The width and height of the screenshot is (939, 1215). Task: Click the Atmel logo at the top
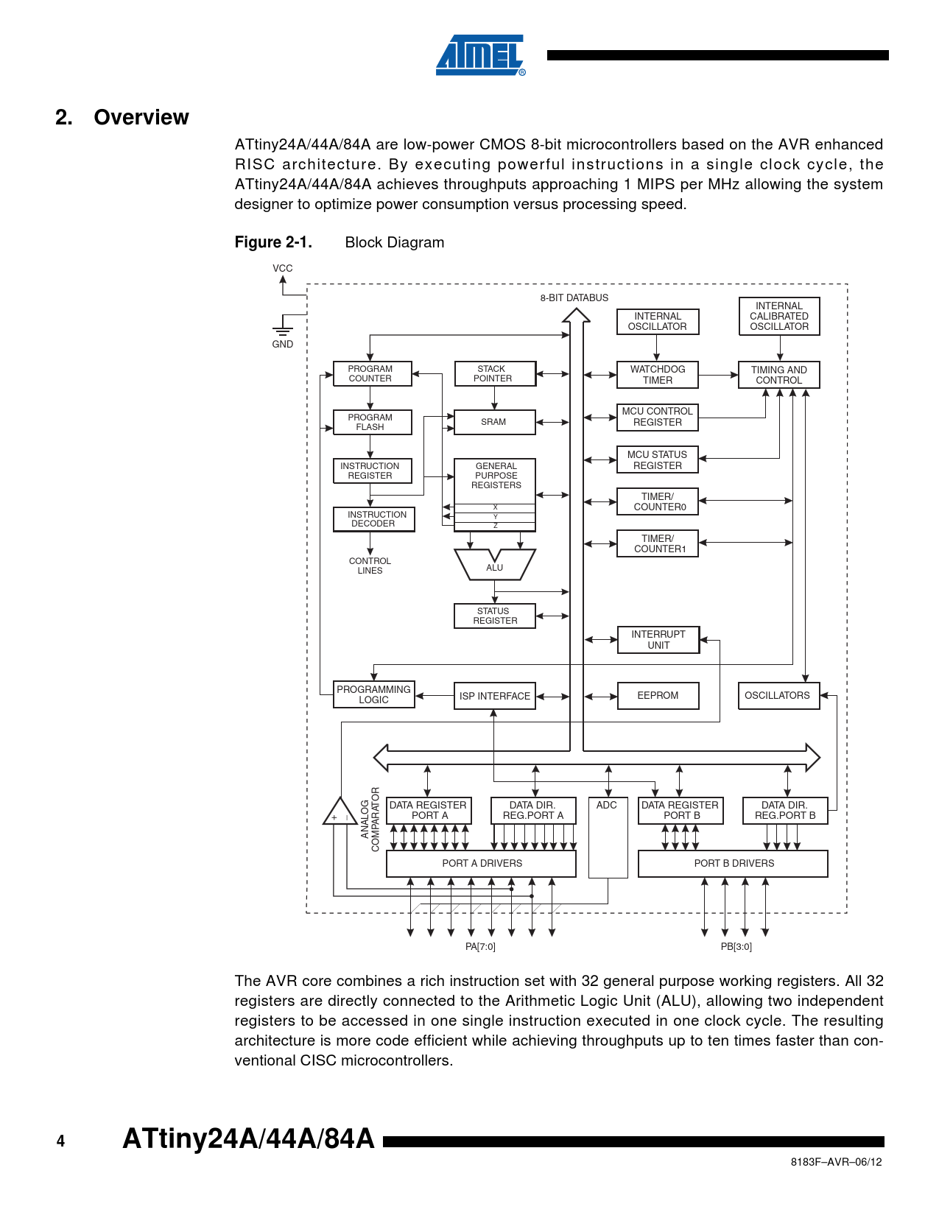[480, 55]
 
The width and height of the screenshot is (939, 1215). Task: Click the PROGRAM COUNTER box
[371, 374]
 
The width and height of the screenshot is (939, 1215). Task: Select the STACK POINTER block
[494, 374]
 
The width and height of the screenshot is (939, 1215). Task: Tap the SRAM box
[494, 422]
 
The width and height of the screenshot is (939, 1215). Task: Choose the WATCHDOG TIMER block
[657, 375]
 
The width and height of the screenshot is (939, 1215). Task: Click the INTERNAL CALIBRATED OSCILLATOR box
[778, 317]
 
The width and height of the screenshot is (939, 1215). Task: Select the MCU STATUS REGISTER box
[657, 460]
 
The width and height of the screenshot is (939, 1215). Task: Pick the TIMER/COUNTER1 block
[657, 544]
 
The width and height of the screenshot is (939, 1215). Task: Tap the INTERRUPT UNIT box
[658, 640]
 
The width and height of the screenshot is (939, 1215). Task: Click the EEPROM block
[658, 696]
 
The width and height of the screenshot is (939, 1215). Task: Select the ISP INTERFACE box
[494, 696]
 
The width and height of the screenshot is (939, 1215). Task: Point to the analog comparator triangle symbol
[340, 812]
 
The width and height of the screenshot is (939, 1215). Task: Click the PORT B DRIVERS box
[733, 864]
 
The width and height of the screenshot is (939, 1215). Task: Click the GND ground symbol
[283, 328]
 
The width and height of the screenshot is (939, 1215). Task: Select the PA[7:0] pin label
[480, 947]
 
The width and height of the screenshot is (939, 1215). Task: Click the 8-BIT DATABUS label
[574, 298]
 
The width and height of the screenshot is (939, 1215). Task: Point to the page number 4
[60, 1141]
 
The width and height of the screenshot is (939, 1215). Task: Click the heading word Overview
[141, 118]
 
